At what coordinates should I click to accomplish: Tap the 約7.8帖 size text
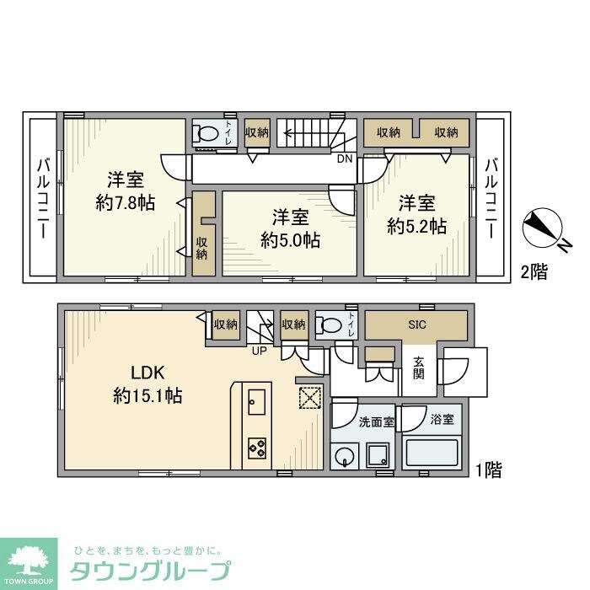(125, 203)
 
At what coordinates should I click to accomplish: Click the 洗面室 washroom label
(376, 421)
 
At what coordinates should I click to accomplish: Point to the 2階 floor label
(534, 271)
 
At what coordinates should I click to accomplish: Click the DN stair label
(344, 158)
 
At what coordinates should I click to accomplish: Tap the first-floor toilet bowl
(330, 324)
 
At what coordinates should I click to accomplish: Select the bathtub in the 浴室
(432, 453)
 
